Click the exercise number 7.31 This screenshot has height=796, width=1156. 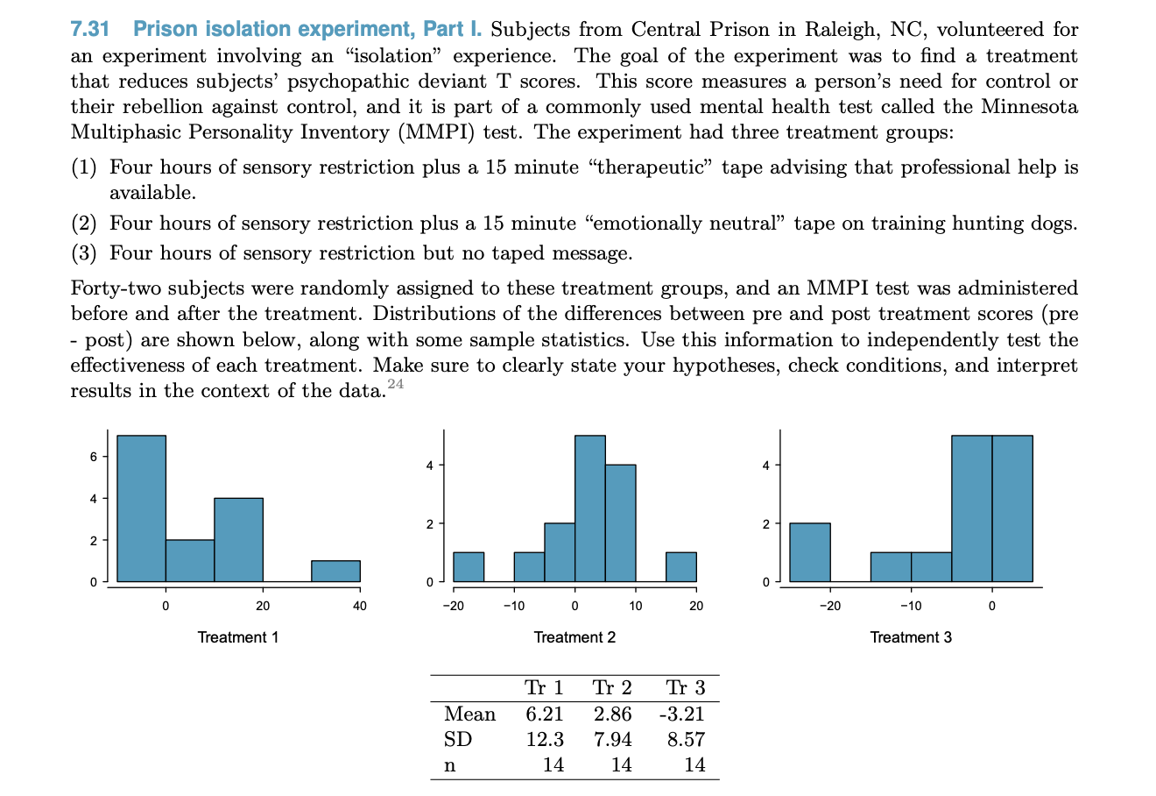coord(90,29)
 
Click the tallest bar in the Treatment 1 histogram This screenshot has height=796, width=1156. coord(141,508)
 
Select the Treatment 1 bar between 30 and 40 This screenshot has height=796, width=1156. coord(335,571)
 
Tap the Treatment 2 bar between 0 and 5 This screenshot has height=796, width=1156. coord(589,508)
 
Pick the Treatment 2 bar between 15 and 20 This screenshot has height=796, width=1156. coord(680,566)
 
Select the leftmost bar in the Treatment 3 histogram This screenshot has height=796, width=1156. coord(809,552)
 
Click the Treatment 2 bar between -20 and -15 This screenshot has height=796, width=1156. coord(469,566)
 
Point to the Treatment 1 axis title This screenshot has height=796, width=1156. coord(238,637)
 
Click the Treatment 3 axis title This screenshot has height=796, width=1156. coord(911,637)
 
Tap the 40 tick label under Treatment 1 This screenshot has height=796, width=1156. coord(360,605)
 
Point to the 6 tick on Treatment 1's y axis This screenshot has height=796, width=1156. coord(93,457)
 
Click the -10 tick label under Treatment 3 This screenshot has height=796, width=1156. coord(910,605)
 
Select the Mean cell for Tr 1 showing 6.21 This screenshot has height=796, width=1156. coord(544,714)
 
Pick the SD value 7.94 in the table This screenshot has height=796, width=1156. coord(612,740)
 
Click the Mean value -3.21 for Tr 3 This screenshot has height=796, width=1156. coord(681,714)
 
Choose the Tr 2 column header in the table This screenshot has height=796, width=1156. coord(612,688)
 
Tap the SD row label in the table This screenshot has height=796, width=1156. coord(458,740)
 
